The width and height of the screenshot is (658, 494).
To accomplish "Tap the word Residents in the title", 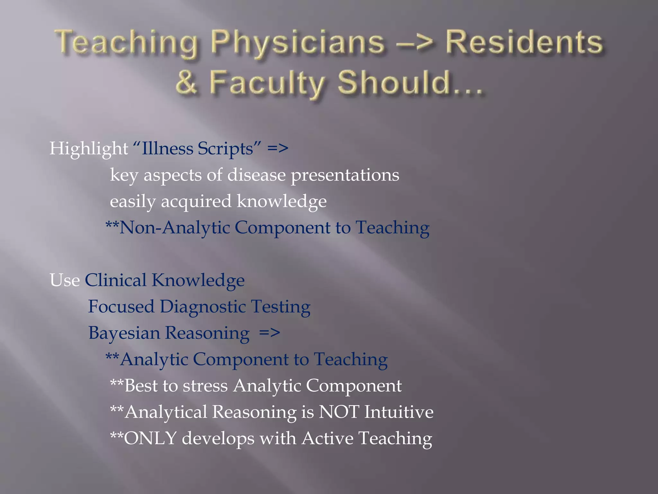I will point(524,43).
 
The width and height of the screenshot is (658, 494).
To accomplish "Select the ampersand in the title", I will point(186,83).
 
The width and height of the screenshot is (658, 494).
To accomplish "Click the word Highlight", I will point(88,149).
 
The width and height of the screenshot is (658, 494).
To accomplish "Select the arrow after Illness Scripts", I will point(278,149).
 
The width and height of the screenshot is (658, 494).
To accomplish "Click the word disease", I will point(256,175).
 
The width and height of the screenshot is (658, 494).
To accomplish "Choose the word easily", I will point(132,202).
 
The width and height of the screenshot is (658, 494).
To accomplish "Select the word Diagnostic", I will point(203,306).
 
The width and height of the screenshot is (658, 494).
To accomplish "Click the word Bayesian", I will point(124,333).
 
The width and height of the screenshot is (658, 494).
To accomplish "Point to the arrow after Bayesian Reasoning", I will point(270,333).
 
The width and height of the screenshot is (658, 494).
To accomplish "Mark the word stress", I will point(205,386).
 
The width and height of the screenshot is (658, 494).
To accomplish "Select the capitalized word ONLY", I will point(150,438).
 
